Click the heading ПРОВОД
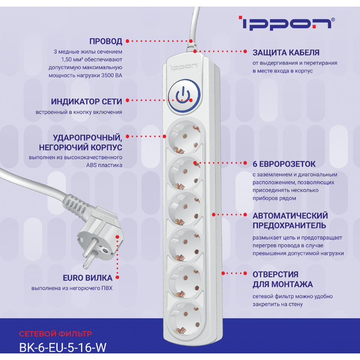coord(106,41)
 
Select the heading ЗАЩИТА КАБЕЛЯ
coord(285,52)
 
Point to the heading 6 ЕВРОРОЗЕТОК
coord(284,163)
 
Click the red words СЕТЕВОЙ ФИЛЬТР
coord(56,333)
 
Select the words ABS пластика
coord(104,164)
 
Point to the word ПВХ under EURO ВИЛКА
coord(106,289)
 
